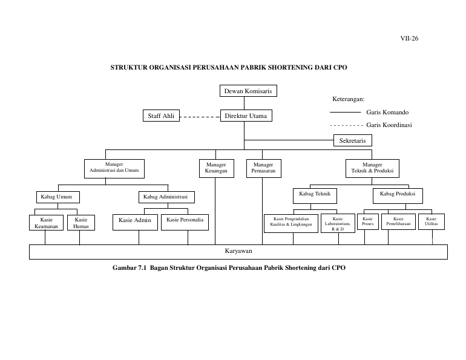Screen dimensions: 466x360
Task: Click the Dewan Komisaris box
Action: [x=248, y=91]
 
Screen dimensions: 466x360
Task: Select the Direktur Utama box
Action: [x=246, y=116]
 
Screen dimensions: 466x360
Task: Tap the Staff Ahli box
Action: [x=161, y=116]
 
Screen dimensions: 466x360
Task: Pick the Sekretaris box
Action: [x=352, y=140]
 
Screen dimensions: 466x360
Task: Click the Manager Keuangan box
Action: [x=217, y=168]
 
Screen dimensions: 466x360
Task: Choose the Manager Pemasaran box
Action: [x=264, y=168]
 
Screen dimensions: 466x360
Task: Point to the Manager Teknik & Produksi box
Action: [x=372, y=168]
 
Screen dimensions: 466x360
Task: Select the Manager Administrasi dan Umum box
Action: [x=114, y=169]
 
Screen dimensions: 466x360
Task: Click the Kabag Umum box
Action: [x=58, y=197]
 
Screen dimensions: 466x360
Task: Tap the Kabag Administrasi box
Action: [x=166, y=197]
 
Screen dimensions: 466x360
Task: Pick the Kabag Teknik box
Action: [x=315, y=196]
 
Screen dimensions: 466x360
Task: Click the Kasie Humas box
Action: [x=81, y=223]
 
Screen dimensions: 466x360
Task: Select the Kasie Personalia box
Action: [x=185, y=223]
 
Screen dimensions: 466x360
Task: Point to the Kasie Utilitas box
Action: [x=432, y=221]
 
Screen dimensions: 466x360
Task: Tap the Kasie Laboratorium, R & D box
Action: [x=338, y=223]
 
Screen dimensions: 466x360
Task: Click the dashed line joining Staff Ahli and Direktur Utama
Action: [x=200, y=117]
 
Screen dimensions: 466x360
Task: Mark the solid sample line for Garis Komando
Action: [x=346, y=112]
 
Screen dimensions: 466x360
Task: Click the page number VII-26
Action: [x=409, y=38]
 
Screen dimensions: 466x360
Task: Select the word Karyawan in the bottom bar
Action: [x=238, y=251]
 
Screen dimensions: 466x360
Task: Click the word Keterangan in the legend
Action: [x=349, y=99]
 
